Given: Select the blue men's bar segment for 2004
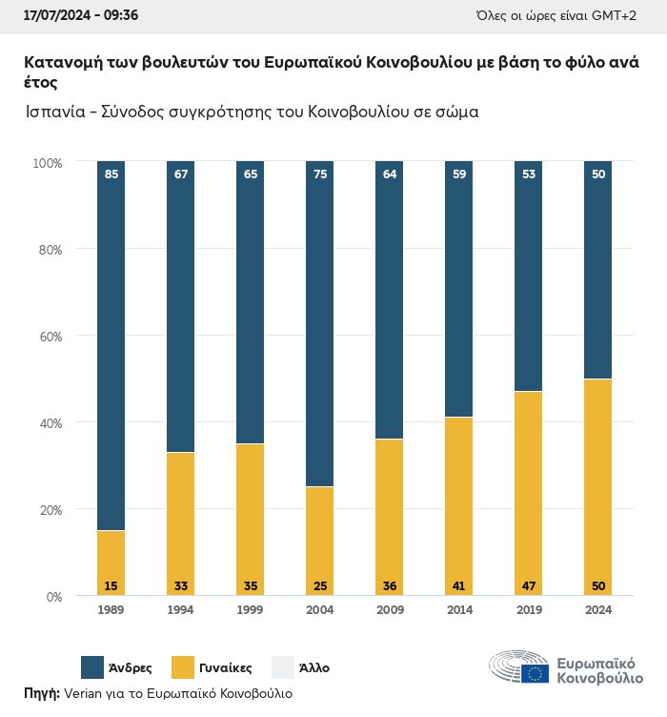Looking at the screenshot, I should tap(320, 324).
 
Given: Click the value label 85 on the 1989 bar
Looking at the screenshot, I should tap(111, 174).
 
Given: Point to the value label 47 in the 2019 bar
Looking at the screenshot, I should tap(529, 585).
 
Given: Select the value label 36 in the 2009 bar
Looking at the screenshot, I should tap(390, 585).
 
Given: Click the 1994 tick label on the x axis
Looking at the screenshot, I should tap(181, 610).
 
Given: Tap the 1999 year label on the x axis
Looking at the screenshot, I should tap(251, 610).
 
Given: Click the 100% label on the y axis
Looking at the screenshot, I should tap(47, 163).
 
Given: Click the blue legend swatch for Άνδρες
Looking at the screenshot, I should tap(92, 667).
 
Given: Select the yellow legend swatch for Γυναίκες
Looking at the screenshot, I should tap(183, 667).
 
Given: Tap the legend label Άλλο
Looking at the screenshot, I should tap(314, 667).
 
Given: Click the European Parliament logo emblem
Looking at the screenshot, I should tap(519, 667).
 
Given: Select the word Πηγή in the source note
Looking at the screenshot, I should tap(41, 693).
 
